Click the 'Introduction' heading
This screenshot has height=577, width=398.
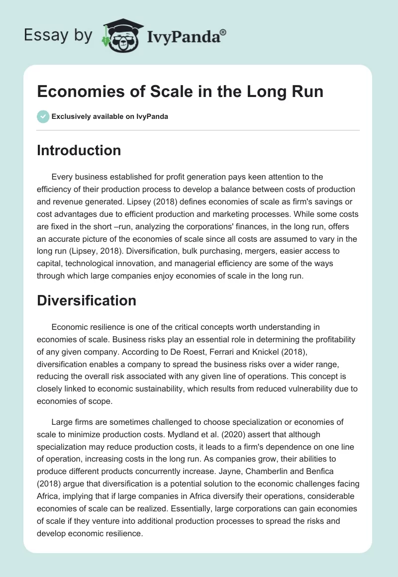[x=79, y=151]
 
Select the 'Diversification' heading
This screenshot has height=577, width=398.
[x=86, y=300]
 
